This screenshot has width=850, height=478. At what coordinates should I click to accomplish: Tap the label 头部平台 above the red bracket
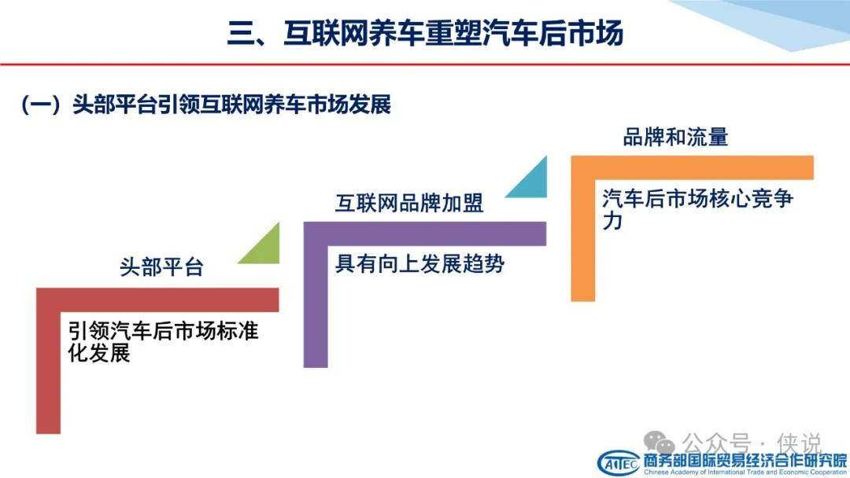click(x=161, y=267)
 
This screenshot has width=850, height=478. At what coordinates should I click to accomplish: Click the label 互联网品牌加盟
click(x=409, y=203)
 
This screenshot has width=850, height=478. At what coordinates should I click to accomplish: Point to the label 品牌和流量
click(x=675, y=137)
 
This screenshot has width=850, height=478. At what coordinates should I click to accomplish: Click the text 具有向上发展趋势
click(x=420, y=264)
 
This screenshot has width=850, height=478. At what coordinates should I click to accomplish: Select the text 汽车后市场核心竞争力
click(x=697, y=209)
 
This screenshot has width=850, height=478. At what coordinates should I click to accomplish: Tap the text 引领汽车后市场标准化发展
click(x=163, y=341)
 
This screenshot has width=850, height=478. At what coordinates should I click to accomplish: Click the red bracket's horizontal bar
click(x=157, y=300)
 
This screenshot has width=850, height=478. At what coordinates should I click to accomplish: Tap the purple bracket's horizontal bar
click(x=424, y=233)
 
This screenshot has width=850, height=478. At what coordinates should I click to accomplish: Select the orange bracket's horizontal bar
click(x=693, y=167)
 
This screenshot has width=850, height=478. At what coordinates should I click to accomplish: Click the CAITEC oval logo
click(x=619, y=464)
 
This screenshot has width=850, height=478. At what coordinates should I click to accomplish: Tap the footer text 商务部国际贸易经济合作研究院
click(x=745, y=461)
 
